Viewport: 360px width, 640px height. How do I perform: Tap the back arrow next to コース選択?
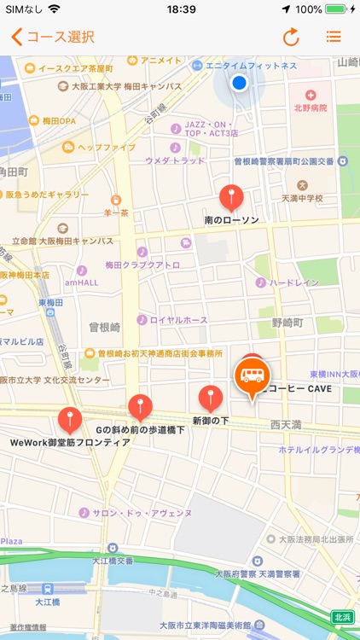pos(16,37)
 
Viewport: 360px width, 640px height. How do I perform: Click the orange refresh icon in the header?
pos(292,37)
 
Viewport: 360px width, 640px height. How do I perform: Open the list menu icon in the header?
pos(334,37)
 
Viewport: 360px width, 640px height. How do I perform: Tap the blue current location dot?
pos(239,82)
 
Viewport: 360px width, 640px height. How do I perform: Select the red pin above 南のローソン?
pos(231,196)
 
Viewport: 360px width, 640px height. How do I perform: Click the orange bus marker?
pos(252,375)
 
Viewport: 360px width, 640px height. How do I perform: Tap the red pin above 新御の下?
pos(211,397)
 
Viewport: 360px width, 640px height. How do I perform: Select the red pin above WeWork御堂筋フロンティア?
pos(70,418)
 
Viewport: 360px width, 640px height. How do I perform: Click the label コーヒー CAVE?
pos(299,389)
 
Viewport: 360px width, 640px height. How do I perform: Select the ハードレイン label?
pos(294,282)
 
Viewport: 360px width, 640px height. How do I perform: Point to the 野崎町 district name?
pos(287,323)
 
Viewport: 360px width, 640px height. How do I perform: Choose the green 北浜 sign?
pos(342,617)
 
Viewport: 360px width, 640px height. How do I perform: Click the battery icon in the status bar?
pos(336,9)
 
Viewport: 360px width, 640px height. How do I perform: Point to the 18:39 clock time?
pos(181,9)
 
